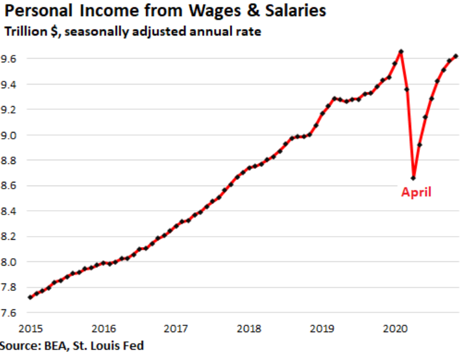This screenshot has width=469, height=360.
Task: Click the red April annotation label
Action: [416, 192]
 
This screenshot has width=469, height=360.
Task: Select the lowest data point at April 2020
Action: [413, 178]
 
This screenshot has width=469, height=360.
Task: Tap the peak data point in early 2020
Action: [401, 52]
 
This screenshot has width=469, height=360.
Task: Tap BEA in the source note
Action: [55, 346]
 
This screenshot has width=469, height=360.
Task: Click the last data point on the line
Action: [455, 56]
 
